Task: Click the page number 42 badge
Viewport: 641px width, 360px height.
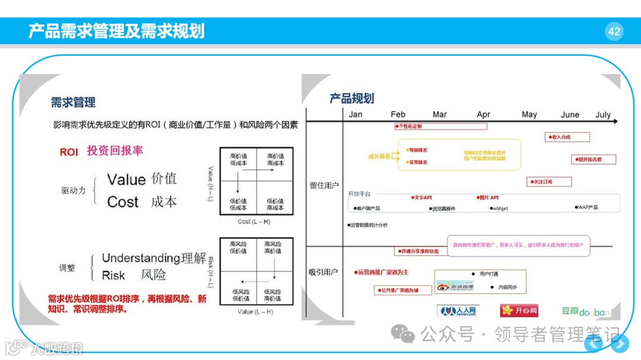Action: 614,31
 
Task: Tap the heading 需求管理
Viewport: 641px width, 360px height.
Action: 73,103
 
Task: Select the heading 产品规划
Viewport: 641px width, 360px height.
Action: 352,98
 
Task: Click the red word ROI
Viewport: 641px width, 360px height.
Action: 69,152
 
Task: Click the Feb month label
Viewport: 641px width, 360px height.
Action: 398,114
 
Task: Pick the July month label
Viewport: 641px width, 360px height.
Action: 603,114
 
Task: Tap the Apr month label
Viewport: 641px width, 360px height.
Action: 484,114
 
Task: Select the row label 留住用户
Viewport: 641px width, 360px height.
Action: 324,186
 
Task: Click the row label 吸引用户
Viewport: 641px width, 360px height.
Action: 323,272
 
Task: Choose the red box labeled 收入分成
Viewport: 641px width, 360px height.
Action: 567,137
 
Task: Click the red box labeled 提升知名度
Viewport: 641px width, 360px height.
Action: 594,160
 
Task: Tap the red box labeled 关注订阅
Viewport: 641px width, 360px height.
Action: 550,182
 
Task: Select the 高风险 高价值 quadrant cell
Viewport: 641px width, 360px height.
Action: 273,247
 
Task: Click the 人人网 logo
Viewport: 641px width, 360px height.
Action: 458,311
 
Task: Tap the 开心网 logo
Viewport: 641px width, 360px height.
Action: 519,310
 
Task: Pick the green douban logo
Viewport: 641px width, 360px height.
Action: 585,311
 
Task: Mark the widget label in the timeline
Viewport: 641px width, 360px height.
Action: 500,208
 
